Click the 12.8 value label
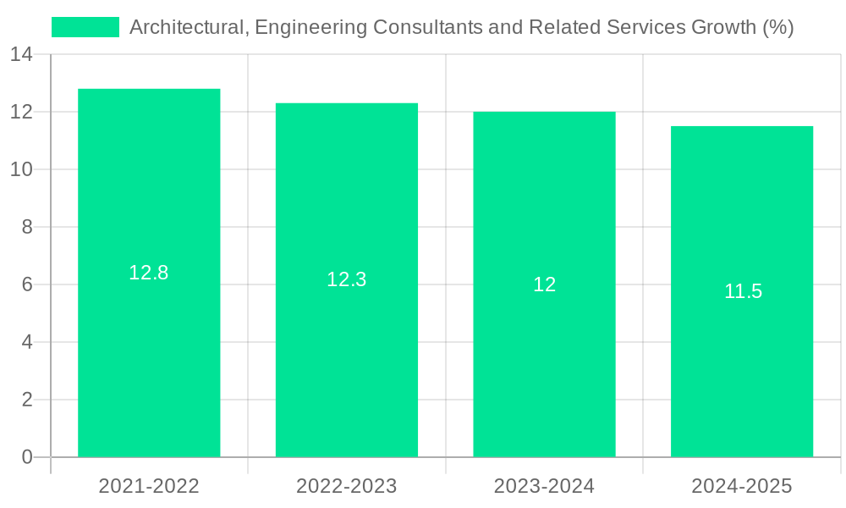[149, 273]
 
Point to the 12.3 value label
[347, 279]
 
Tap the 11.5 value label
[743, 292]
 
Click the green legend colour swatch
[85, 27]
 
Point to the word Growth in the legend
[725, 27]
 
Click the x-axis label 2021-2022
[149, 486]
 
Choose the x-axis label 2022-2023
[347, 486]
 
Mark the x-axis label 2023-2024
[544, 486]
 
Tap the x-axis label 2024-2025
[742, 486]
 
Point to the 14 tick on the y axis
[21, 55]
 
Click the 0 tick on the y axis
[26, 457]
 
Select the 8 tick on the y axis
[26, 227]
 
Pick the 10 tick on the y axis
[21, 169]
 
